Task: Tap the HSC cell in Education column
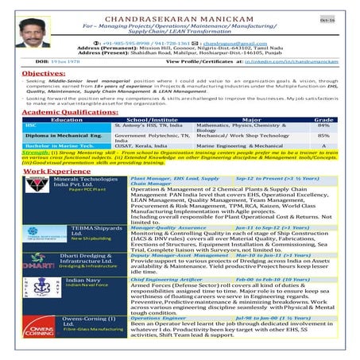(32, 126)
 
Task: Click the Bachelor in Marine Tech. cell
(56, 146)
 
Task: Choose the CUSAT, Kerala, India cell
(143, 146)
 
